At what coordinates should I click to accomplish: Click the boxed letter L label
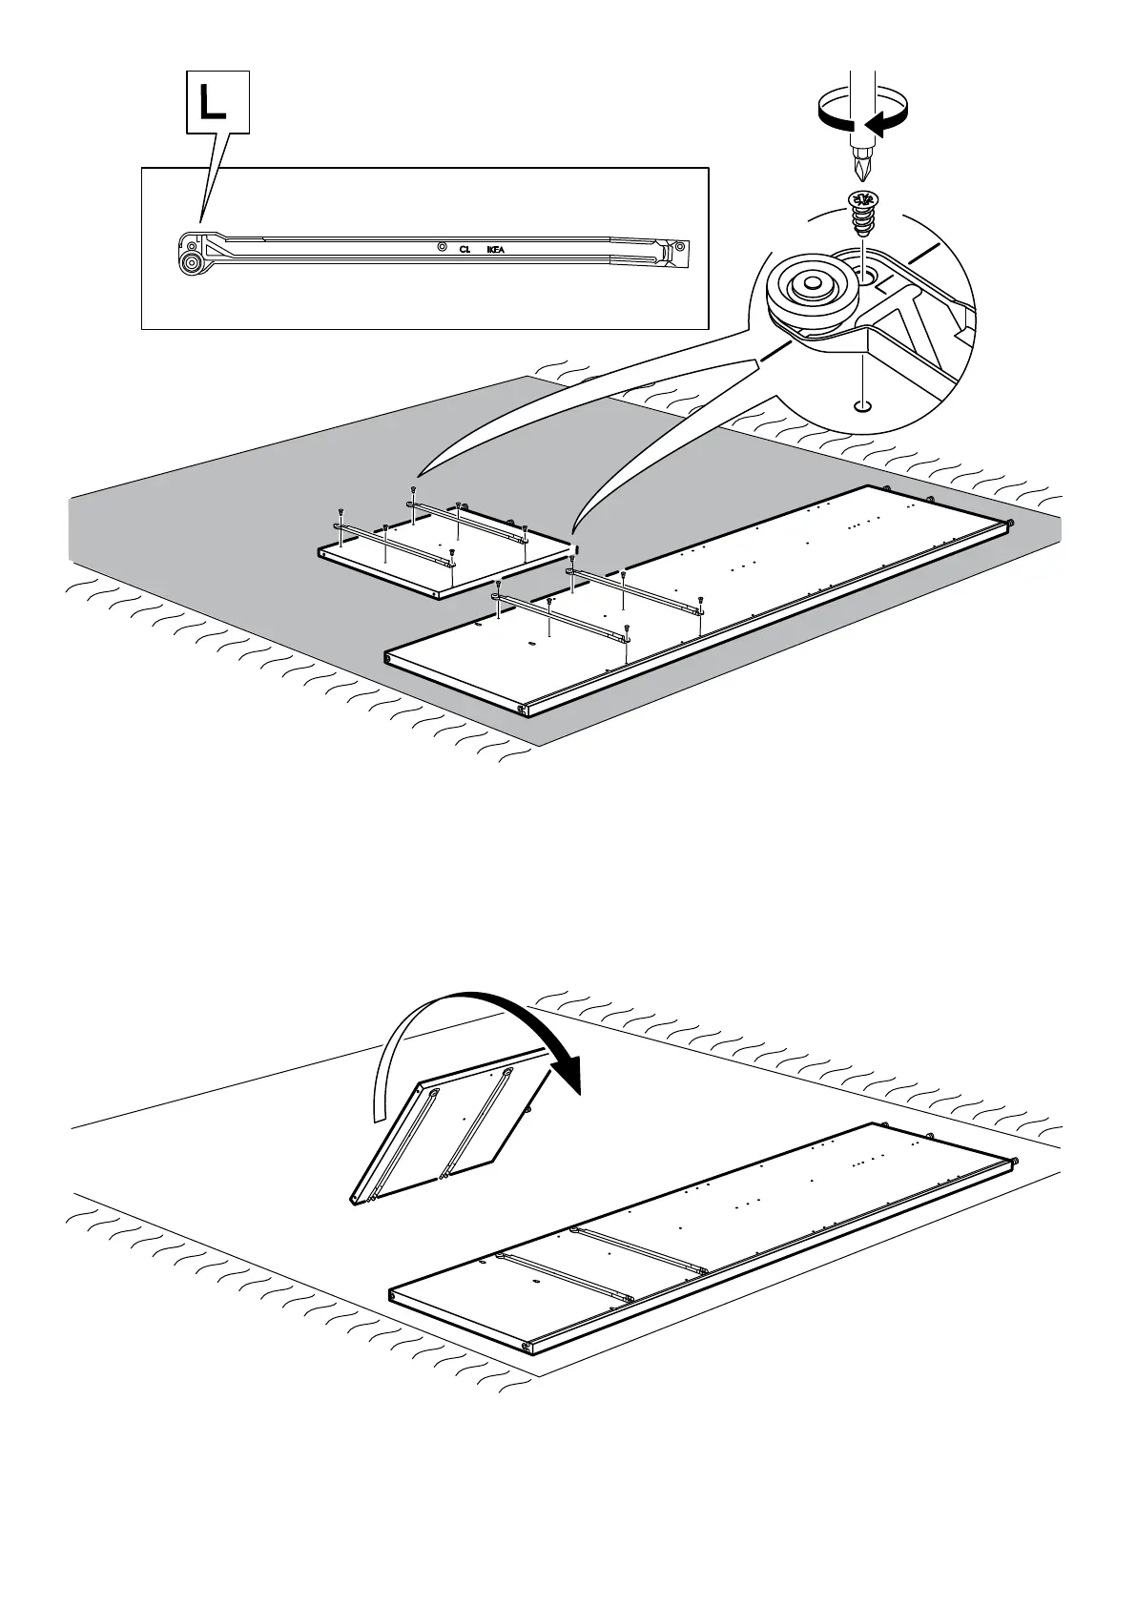pos(217,102)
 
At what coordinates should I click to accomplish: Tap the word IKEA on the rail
pos(496,250)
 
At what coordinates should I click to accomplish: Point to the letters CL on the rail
pos(465,250)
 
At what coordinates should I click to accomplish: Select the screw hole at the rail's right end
pos(679,248)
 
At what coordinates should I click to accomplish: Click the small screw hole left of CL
pos(441,247)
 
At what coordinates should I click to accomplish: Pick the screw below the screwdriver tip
pos(862,216)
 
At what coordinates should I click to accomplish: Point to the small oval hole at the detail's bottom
pos(862,407)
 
